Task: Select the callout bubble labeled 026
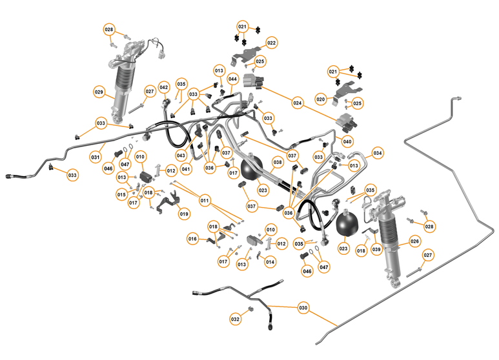(x=415, y=242)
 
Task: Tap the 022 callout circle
(x=271, y=43)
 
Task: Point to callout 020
(x=321, y=99)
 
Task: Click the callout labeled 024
(x=298, y=102)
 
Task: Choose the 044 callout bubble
(x=232, y=79)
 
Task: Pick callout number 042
(x=164, y=87)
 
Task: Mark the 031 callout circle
(x=95, y=157)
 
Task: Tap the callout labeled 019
(x=185, y=214)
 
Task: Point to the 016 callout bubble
(x=192, y=239)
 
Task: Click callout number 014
(x=270, y=262)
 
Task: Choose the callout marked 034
(x=378, y=153)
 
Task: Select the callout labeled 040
(x=347, y=141)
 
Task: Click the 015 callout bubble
(x=121, y=194)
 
